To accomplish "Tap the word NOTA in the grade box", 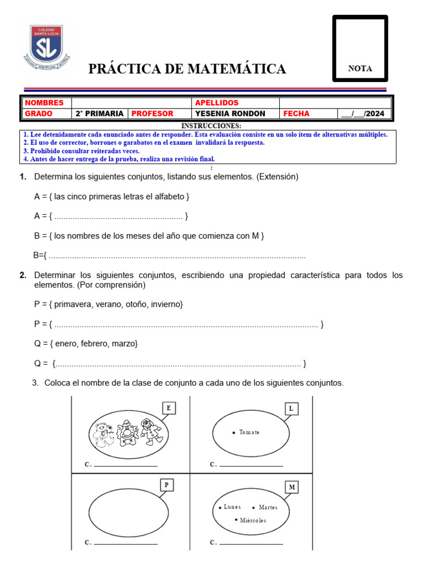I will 360,69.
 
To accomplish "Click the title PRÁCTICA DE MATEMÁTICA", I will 187,69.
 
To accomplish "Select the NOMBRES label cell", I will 45,103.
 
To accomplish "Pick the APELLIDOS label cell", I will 216,103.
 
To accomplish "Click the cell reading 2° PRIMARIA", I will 99,113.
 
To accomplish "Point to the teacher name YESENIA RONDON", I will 230,113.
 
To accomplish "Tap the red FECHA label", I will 296,113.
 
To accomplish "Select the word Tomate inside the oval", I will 249,432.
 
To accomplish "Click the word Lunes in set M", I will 232,507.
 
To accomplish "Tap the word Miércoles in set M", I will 253,520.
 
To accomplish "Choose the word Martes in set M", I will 268,507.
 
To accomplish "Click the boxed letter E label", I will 169,408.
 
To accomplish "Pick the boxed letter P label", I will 166,485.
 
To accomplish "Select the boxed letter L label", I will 291,408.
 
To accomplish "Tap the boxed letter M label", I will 292,487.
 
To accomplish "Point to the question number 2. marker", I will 23,275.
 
